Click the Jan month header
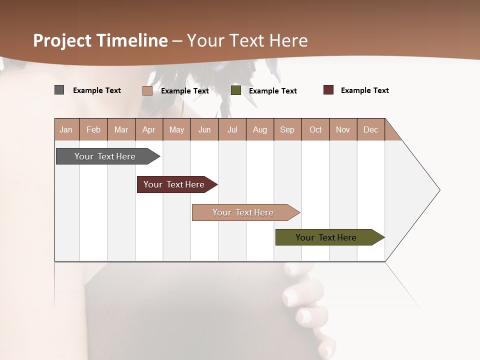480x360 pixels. tap(66, 130)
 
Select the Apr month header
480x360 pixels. tap(149, 130)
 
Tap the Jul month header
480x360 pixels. tap(232, 130)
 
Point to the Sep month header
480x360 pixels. tap(287, 130)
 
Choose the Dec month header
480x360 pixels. tap(370, 130)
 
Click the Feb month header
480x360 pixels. tap(93, 130)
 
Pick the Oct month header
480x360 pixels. tap(315, 130)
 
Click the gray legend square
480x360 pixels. tap(59, 90)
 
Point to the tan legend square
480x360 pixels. tap(147, 90)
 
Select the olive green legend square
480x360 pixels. tap(236, 90)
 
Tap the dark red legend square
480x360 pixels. tap(328, 90)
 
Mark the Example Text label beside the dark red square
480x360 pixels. tap(364, 90)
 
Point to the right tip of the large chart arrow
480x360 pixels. tap(439, 190)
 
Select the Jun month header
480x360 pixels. tap(204, 130)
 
